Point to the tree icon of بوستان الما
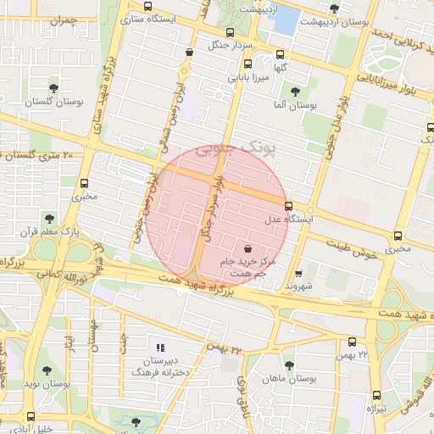(x=295, y=92)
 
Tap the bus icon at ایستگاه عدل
(x=289, y=206)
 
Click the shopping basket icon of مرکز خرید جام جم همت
(x=247, y=249)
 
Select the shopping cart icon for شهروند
(x=298, y=274)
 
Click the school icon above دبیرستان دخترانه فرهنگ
(x=159, y=347)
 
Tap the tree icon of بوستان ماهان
(x=289, y=365)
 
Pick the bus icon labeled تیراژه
(x=376, y=396)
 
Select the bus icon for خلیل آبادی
(x=31, y=416)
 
